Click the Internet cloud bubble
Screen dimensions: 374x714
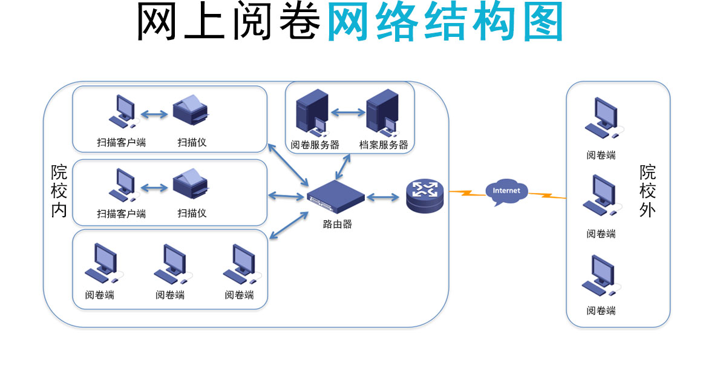pos(506,191)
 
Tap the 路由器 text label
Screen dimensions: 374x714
pos(337,224)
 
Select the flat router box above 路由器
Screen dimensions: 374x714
pos(336,195)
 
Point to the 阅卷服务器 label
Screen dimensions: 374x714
pos(315,145)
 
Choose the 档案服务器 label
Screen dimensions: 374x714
pos(384,145)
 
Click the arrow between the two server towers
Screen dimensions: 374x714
pos(348,112)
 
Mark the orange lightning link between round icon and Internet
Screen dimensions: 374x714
pos(467,193)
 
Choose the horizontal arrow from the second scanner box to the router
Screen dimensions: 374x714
pos(286,195)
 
